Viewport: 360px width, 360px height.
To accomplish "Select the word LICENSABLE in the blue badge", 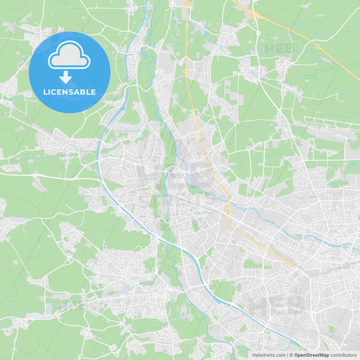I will pos(70,92).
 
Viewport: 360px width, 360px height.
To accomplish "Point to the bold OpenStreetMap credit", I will pos(310,355).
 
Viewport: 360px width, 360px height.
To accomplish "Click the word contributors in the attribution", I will pos(343,355).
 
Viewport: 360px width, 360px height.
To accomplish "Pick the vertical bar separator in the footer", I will pos(286,355).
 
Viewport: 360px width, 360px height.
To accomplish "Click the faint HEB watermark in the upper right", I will pos(279,49).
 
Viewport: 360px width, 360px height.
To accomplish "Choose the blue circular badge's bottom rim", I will pos(70,111).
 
